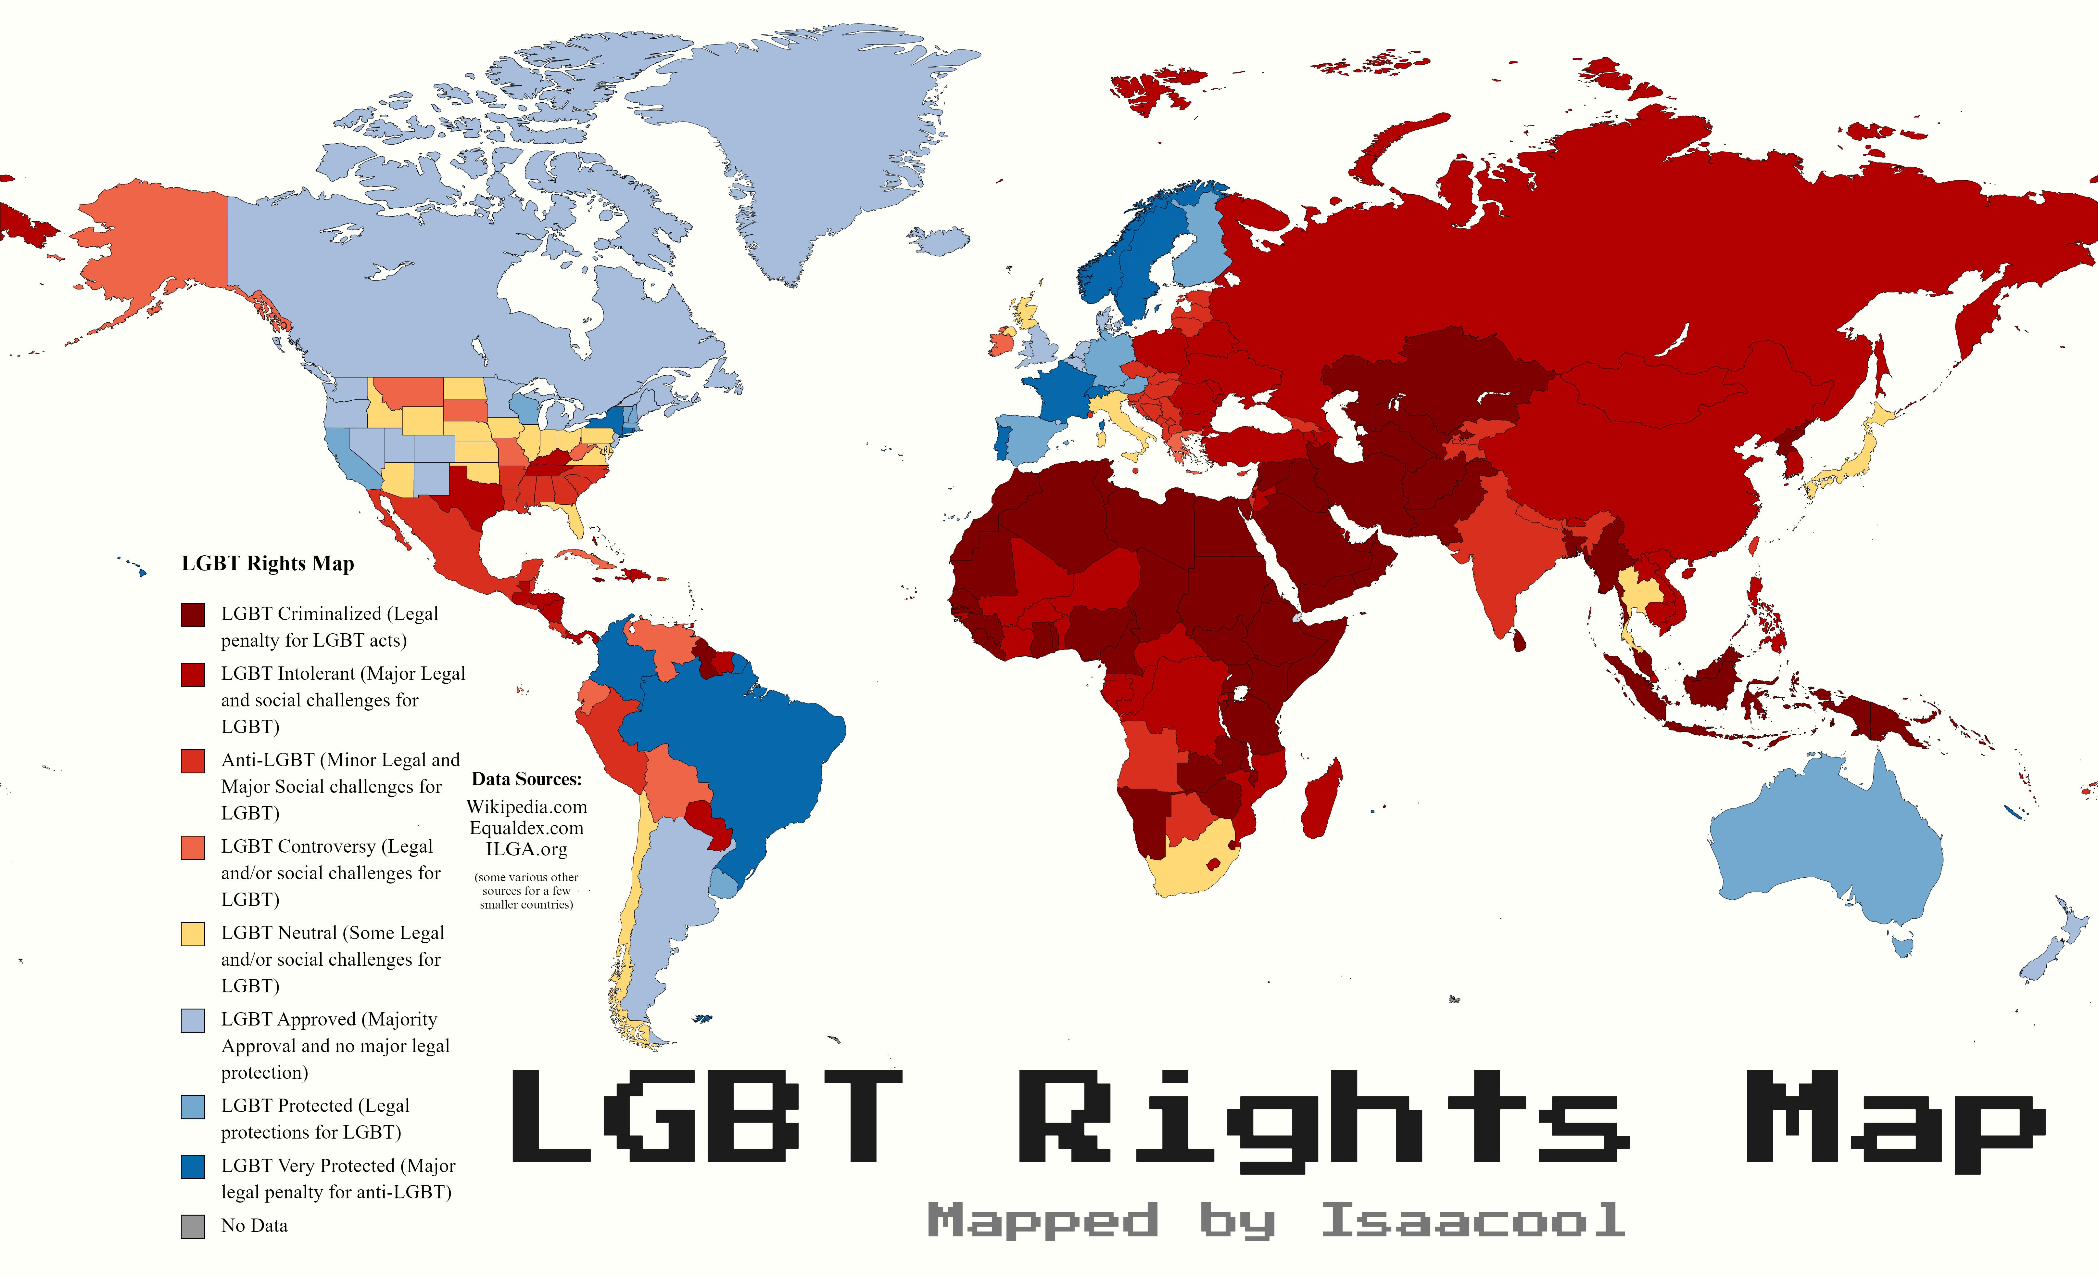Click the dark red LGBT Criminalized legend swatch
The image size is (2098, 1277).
(x=193, y=614)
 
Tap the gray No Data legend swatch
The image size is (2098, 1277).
(x=193, y=1226)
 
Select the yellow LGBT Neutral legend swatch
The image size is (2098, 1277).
(x=193, y=934)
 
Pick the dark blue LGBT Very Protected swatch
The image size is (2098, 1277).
(x=193, y=1166)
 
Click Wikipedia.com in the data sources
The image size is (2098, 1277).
(x=526, y=807)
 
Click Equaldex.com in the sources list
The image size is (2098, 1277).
(x=526, y=828)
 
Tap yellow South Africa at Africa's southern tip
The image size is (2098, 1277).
(x=1192, y=860)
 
